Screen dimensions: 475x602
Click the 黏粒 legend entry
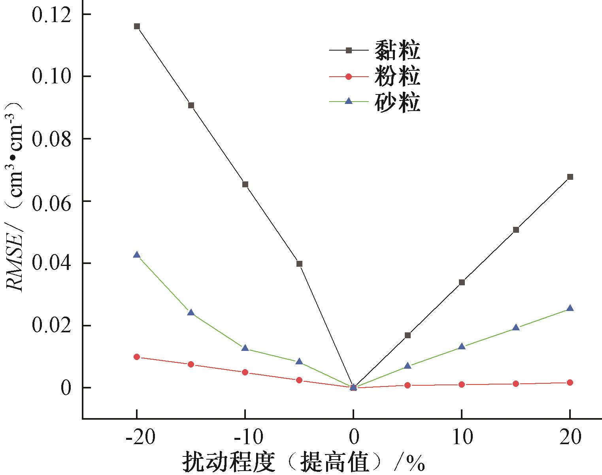[x=397, y=50]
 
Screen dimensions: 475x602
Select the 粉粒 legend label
[x=397, y=76]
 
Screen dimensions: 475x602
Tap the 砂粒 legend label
[x=397, y=102]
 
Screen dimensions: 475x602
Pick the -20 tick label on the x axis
[x=136, y=438]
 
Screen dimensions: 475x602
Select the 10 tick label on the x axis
[x=462, y=438]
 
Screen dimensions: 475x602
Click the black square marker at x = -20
[x=137, y=26]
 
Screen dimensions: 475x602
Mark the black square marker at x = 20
[x=570, y=177]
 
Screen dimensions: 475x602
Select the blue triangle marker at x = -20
[x=137, y=255]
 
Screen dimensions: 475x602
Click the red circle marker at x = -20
[x=137, y=357]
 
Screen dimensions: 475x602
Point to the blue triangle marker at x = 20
[x=570, y=308]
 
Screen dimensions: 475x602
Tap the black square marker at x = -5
[x=299, y=264]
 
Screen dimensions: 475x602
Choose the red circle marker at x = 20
[x=570, y=383]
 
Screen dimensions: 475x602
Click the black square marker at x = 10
[x=462, y=282]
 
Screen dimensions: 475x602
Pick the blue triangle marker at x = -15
[x=191, y=313]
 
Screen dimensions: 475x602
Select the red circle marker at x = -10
[x=245, y=372]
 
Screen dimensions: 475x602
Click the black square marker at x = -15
[x=191, y=106]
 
